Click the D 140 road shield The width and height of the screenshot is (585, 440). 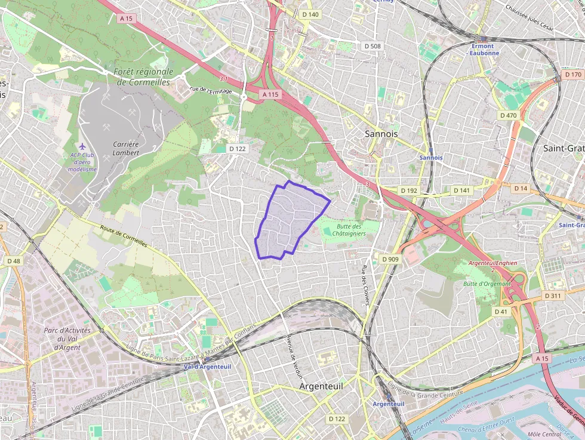[310, 14]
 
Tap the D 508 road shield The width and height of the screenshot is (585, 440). [372, 45]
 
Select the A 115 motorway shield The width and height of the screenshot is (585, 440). [270, 94]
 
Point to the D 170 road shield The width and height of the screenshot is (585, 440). [572, 75]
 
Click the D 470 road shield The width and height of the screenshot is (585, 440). [509, 115]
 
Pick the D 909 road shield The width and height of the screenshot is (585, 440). [389, 259]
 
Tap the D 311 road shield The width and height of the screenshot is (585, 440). [553, 296]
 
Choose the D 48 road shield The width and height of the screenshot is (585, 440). [13, 261]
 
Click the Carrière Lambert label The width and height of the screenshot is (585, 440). [126, 148]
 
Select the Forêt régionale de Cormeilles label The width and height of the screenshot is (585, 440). [143, 76]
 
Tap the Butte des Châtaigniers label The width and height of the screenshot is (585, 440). [349, 230]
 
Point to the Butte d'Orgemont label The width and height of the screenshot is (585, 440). [487, 284]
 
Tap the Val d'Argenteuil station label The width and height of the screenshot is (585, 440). [207, 366]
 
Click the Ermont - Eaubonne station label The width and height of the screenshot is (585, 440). [482, 49]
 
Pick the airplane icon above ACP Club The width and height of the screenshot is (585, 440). [82, 146]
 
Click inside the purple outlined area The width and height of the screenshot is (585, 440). [287, 221]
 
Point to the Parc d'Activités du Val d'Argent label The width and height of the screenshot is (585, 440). [67, 339]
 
